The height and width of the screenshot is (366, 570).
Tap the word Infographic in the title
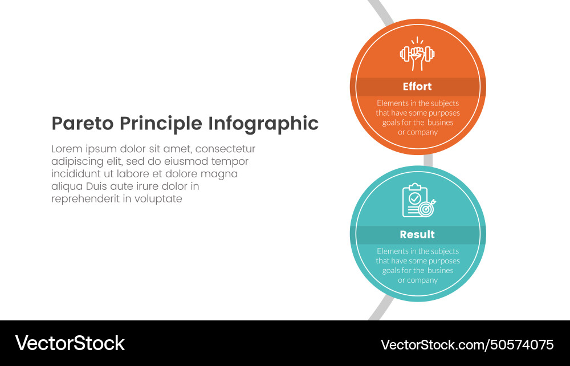(263, 124)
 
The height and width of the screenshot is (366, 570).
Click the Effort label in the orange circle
(417, 87)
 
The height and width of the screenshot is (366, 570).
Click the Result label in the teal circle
(417, 235)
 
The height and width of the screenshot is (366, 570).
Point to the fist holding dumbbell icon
(417, 55)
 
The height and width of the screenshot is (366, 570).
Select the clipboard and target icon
(418, 201)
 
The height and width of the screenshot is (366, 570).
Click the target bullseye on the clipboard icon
(426, 209)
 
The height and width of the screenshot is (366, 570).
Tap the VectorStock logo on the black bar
(70, 343)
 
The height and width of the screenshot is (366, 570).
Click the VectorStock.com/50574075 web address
(467, 344)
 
